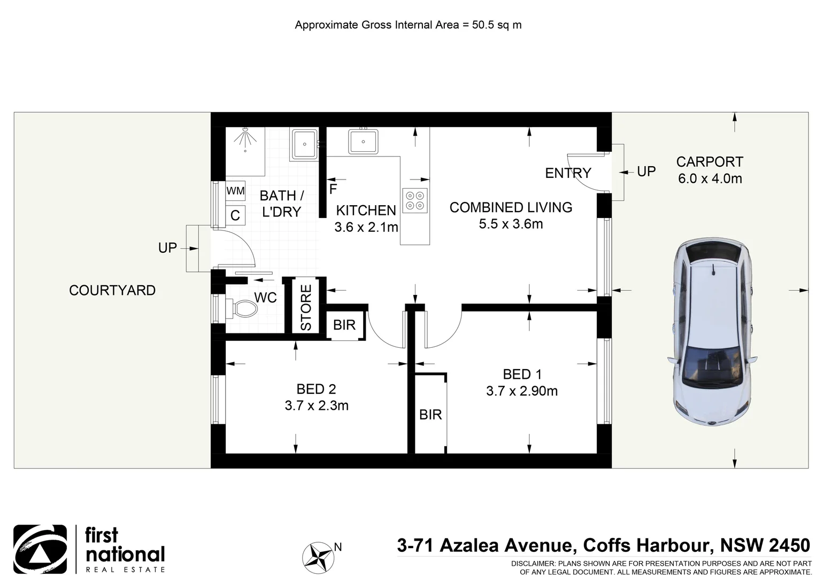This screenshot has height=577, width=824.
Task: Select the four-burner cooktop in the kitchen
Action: pyautogui.click(x=415, y=200)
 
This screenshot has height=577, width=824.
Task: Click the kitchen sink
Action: pyautogui.click(x=363, y=142)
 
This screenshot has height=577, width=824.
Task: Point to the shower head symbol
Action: pyautogui.click(x=245, y=138)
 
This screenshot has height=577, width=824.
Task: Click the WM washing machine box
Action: pyautogui.click(x=235, y=191)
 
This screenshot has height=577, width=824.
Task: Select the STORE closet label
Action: pyautogui.click(x=306, y=308)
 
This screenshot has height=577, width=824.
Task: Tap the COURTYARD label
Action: pyautogui.click(x=112, y=290)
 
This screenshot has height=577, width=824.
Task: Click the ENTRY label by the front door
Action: pyautogui.click(x=568, y=173)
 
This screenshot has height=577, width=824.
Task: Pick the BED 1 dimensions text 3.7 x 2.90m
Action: pyautogui.click(x=521, y=391)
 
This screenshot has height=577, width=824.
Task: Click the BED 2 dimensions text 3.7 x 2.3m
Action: pyautogui.click(x=317, y=406)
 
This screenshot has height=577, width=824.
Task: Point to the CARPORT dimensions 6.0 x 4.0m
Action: pyautogui.click(x=710, y=179)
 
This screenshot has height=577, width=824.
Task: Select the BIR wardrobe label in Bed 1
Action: pyautogui.click(x=430, y=415)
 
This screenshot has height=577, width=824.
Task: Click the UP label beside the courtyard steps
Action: pyautogui.click(x=167, y=248)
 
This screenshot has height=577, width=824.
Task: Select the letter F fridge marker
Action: pyautogui.click(x=333, y=189)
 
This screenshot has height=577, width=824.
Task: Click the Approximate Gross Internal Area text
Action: pyautogui.click(x=408, y=25)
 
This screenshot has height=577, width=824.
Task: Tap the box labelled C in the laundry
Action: pyautogui.click(x=235, y=215)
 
